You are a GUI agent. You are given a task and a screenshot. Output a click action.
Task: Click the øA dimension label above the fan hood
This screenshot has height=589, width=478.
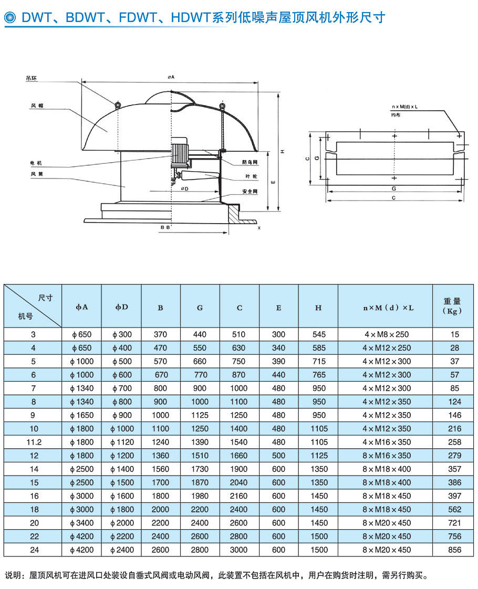(171, 77)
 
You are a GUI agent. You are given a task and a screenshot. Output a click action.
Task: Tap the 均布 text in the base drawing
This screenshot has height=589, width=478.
(396, 114)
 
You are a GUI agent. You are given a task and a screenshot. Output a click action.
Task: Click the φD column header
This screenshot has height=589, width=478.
(121, 307)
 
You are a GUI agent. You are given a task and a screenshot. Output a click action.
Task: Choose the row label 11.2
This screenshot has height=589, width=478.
(33, 442)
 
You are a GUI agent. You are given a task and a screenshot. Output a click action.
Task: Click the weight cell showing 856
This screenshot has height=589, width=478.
(455, 550)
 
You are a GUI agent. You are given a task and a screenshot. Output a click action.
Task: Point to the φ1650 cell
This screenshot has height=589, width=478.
(81, 415)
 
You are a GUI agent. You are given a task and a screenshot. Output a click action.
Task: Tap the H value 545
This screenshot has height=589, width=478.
(318, 334)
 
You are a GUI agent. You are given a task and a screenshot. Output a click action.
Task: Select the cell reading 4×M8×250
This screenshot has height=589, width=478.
(386, 334)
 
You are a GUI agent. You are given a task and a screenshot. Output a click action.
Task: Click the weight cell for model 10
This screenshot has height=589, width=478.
(455, 428)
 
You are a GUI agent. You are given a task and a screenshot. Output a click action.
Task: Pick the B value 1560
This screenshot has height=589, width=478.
(161, 469)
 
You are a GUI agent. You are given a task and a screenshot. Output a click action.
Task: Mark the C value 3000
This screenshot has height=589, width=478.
(240, 550)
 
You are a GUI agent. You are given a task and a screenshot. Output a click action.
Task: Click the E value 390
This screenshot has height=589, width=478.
(279, 361)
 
